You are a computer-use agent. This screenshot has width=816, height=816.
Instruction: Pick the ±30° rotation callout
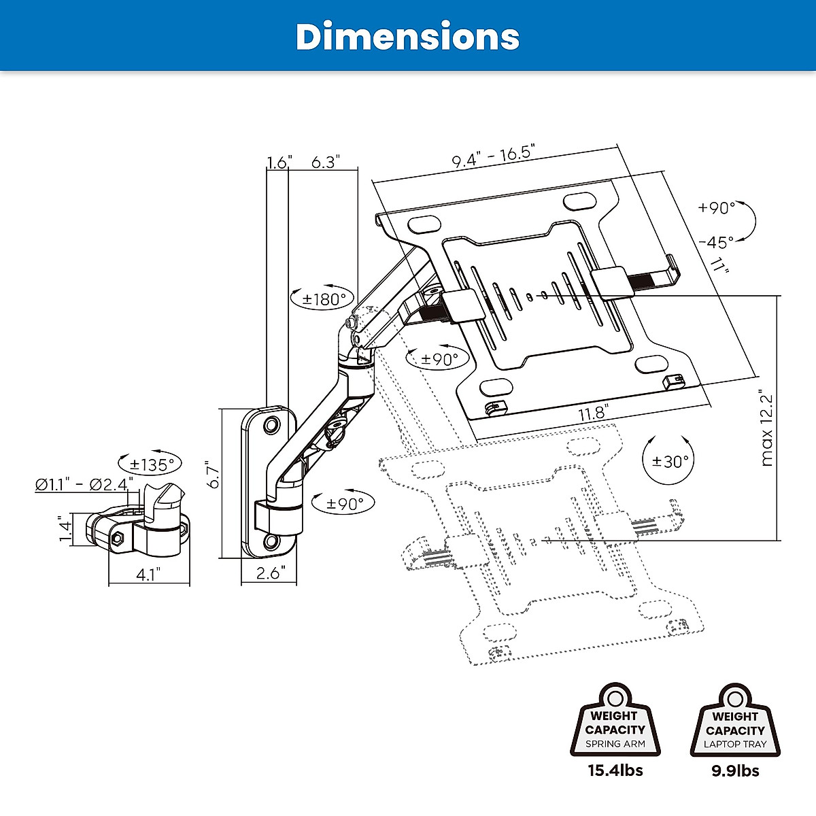point(670,460)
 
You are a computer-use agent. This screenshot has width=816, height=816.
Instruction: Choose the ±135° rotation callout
point(152,464)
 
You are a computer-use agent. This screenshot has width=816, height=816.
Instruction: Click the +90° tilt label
point(717,208)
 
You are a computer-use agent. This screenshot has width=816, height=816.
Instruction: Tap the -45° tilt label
point(715,241)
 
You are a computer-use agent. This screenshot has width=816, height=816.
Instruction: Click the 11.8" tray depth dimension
point(592,413)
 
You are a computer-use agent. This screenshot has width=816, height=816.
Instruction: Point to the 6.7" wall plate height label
point(213,476)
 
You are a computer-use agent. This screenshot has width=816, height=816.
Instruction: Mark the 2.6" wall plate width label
point(271,573)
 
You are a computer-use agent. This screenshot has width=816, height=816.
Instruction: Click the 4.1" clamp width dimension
point(148,574)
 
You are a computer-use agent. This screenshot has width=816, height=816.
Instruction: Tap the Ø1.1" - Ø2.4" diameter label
point(84,485)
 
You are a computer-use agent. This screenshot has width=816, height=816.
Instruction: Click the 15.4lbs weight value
point(615,770)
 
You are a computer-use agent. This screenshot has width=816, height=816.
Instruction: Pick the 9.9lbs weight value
point(735,770)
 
